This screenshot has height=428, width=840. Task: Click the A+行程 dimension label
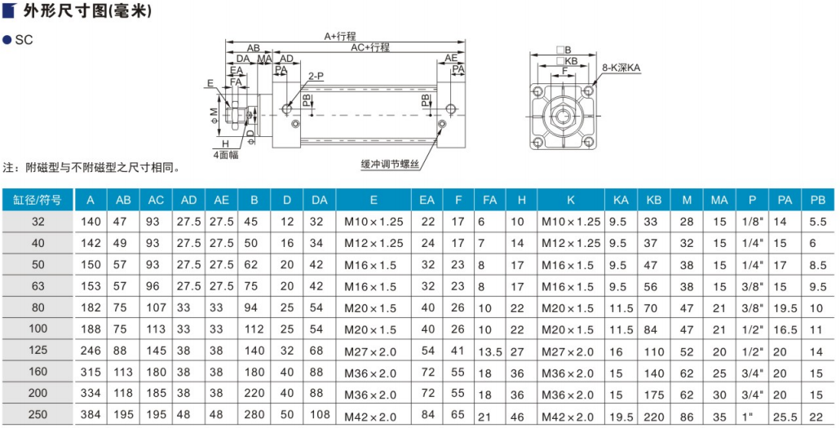[x=340, y=37]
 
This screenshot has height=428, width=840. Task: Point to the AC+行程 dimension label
[x=370, y=47]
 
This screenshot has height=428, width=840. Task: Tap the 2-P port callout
[x=316, y=76]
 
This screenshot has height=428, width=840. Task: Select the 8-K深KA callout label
[x=621, y=68]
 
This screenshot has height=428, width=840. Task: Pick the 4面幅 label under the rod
[x=226, y=156]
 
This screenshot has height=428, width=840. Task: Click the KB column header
[x=654, y=201]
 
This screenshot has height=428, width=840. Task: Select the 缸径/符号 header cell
[x=38, y=201]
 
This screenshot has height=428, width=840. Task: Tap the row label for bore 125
[x=38, y=351]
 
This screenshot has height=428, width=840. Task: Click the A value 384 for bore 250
[x=91, y=415]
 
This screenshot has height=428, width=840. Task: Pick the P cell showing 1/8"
[x=753, y=221]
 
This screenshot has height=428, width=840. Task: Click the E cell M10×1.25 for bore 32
[x=374, y=222]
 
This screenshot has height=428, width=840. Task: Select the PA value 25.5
[x=782, y=417]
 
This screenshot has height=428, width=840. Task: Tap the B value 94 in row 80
[x=250, y=307]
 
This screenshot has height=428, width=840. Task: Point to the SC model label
[x=24, y=40]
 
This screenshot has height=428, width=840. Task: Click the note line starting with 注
[x=91, y=168]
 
